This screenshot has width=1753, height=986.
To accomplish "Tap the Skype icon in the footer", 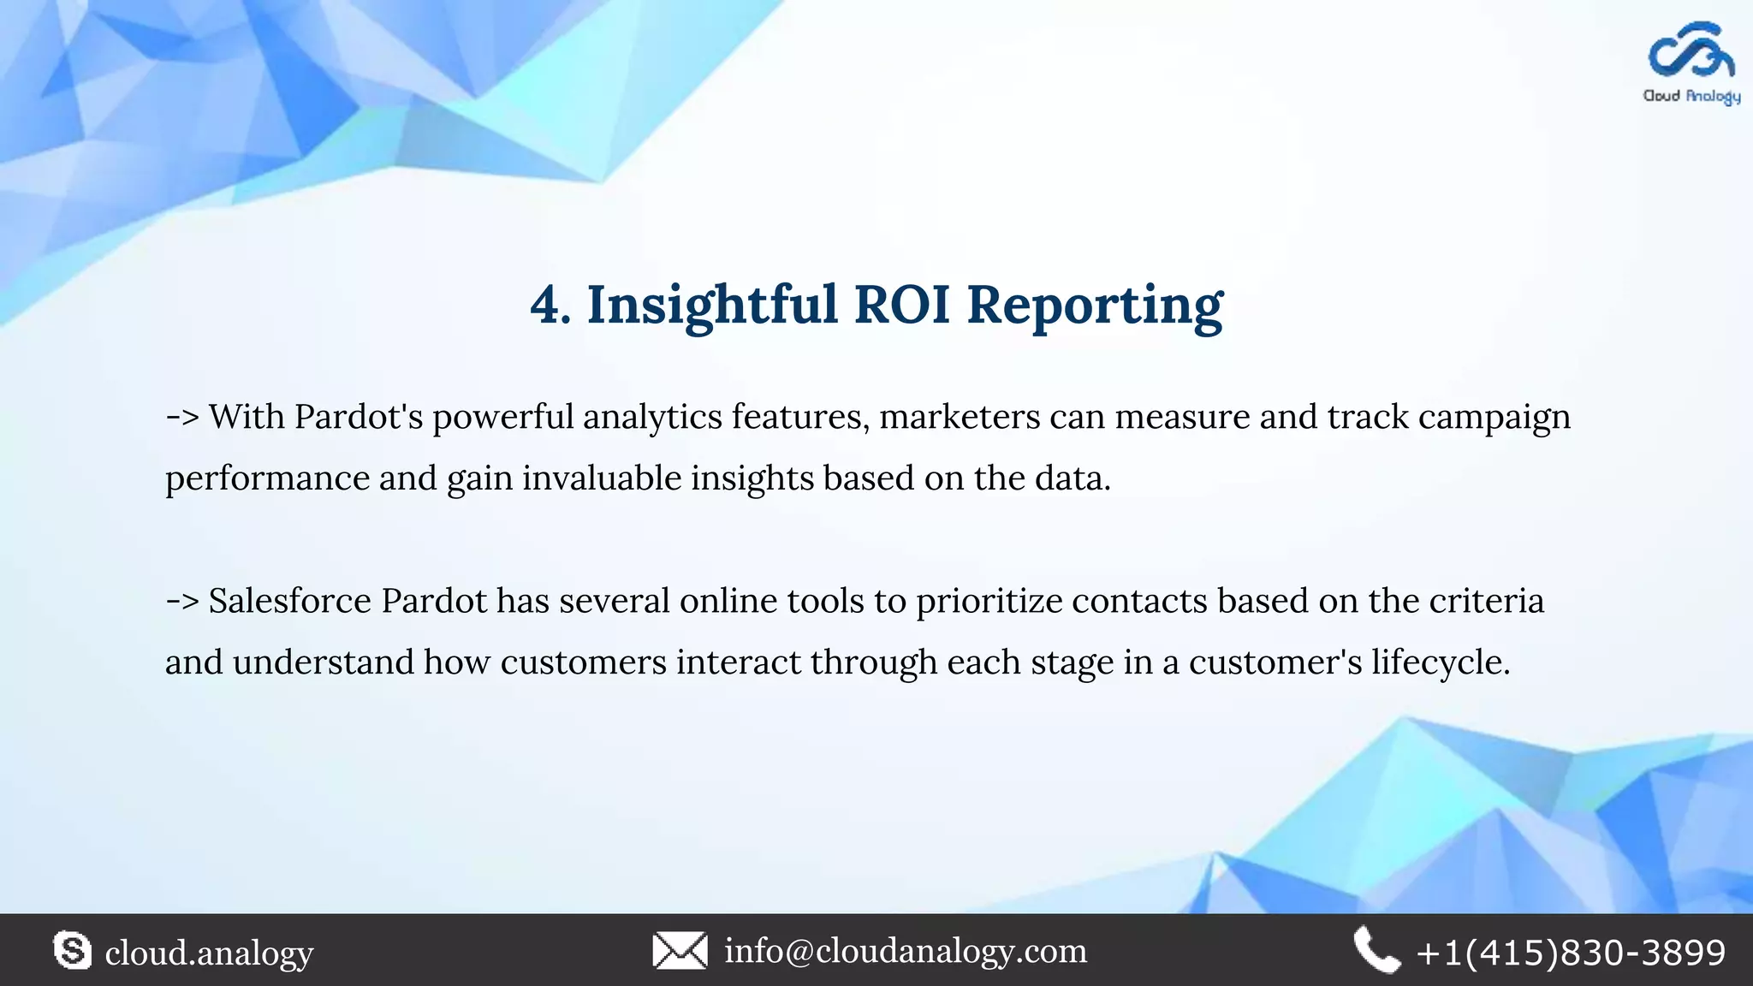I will pos(72,951).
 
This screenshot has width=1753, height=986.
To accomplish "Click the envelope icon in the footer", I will pos(680,951).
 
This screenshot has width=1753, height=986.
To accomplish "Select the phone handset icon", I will pos(1376,951).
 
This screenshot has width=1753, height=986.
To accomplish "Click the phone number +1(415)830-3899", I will pos(1571,953).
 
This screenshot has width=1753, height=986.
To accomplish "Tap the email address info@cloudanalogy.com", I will pos(906,951).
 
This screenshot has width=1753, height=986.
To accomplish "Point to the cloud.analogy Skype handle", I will pos(209,953).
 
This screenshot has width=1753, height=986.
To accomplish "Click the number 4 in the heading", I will pos(548,305).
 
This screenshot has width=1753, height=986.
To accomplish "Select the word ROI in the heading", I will pos(902,305).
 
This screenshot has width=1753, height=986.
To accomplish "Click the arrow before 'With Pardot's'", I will pos(182,418).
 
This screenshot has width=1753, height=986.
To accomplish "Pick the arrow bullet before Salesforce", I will pos(182,602).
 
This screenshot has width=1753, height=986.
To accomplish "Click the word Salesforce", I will pos(290,601).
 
